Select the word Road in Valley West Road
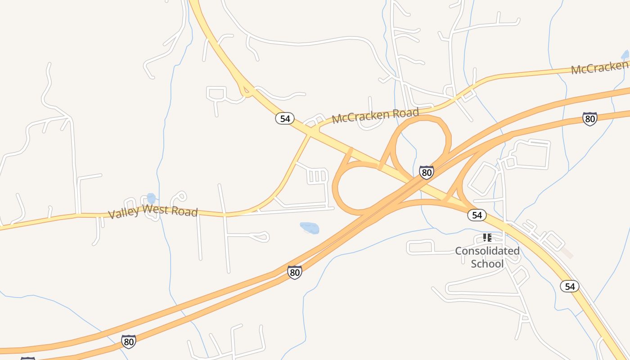pos(185,211)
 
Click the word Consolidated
pos(487,251)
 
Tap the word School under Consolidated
pos(487,264)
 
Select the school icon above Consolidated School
pos(487,237)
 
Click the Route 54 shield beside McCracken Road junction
pos(285,119)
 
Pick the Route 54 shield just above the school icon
pos(477,215)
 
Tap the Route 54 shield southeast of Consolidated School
pos(570,286)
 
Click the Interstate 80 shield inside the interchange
pos(426,172)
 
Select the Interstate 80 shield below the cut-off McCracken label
pos(589,119)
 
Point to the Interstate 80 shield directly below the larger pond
pos(294,272)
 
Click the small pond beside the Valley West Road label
pos(151,198)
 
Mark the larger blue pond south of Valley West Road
pos(310,228)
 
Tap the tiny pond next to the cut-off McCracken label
pos(625,55)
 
